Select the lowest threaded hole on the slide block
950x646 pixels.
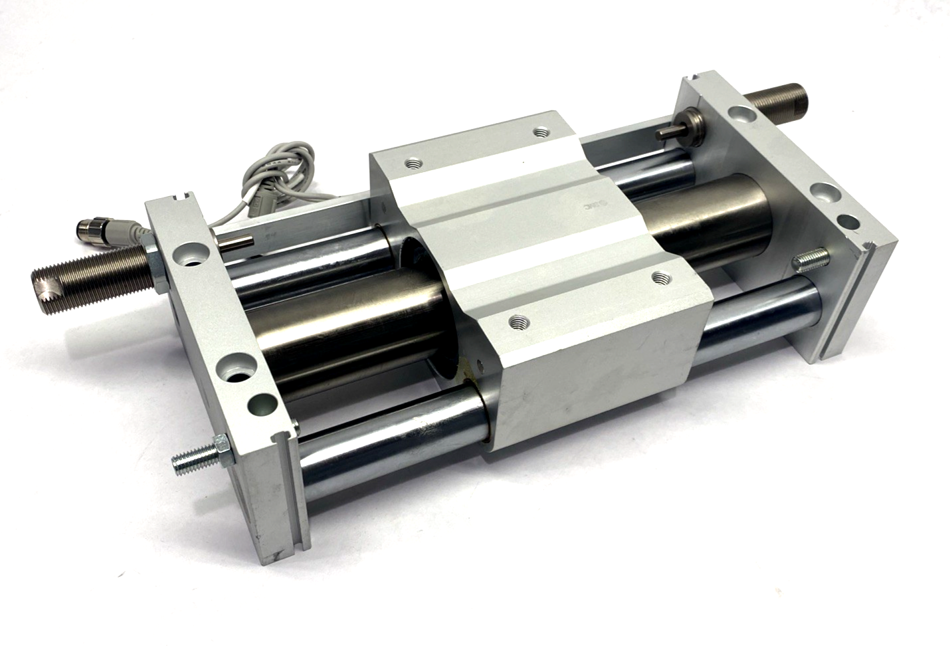pos(516,322)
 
